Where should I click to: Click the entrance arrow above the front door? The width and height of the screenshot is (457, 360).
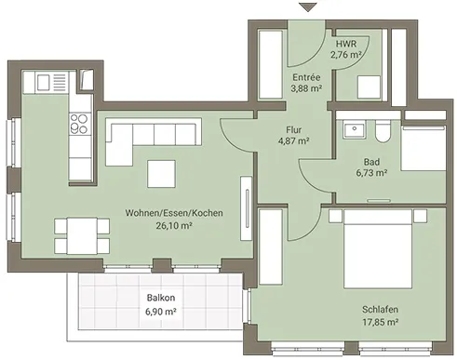pos(308,7)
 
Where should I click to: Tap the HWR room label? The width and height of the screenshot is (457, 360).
pos(346,44)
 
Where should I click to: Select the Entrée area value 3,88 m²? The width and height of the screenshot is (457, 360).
pos(306,88)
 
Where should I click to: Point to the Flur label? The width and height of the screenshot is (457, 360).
pos(293,129)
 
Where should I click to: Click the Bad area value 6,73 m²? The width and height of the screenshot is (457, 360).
pos(371,173)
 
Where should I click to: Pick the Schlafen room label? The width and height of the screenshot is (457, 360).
pos(380,309)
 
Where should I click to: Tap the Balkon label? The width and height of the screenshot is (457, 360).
pos(161,298)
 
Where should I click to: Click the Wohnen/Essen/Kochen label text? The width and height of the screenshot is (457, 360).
pos(174,213)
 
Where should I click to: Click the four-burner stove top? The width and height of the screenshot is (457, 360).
pos(80,124)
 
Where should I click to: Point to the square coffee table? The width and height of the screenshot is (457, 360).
pos(161,174)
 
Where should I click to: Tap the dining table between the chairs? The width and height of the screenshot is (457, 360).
pos(82,236)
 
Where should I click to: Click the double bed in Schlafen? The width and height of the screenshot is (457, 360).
pos(378,249)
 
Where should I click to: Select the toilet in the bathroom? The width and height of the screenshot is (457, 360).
pos(383,131)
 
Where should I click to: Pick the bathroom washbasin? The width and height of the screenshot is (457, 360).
pos(354,129)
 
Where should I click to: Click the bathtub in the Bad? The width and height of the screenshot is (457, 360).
pos(423,148)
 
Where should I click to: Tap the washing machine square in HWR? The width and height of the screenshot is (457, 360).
pos(369,87)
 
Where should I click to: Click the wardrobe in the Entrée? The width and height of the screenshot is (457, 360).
pos(271,64)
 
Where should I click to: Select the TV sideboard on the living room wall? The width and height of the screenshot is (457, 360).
pos(247,208)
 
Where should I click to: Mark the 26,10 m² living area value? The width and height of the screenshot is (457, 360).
pos(174,226)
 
